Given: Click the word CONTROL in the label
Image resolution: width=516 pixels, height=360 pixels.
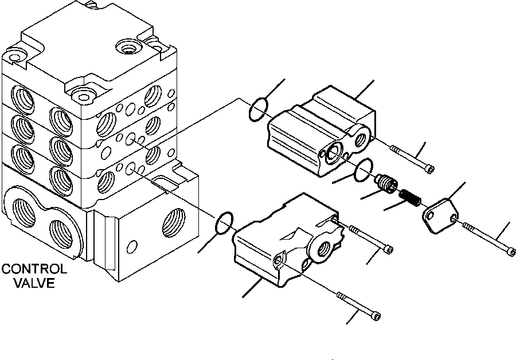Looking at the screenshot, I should click(x=34, y=269).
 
